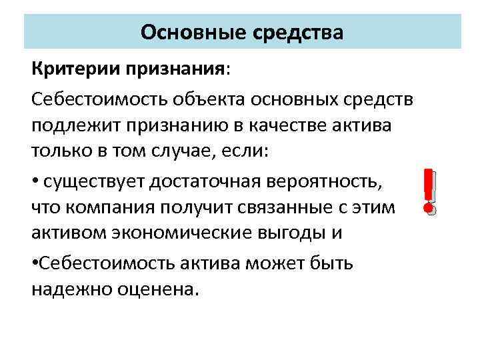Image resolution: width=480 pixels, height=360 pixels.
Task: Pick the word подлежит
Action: click(72, 125)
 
